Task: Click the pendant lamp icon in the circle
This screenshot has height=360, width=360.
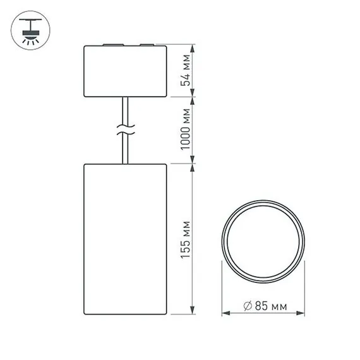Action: click(x=28, y=28)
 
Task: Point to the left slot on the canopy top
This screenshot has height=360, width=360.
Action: click(x=109, y=45)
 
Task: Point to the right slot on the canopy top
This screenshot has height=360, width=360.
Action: click(x=146, y=45)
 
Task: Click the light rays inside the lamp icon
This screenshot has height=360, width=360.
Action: click(x=28, y=37)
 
